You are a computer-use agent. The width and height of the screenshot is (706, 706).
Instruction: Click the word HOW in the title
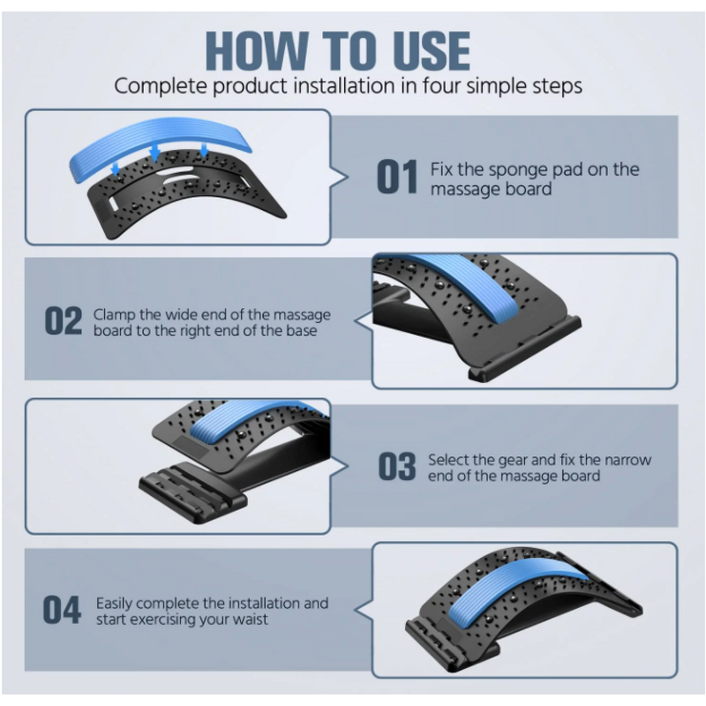257,50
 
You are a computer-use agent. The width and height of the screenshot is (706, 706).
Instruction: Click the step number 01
397,177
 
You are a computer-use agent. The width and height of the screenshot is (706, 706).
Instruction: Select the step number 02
64,320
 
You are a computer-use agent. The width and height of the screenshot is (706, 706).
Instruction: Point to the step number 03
397,467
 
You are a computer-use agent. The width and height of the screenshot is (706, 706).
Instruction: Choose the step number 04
62,610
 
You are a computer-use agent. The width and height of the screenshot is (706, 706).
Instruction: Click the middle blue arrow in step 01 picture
155,151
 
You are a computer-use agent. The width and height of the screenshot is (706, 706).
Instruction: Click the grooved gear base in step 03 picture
193,493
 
